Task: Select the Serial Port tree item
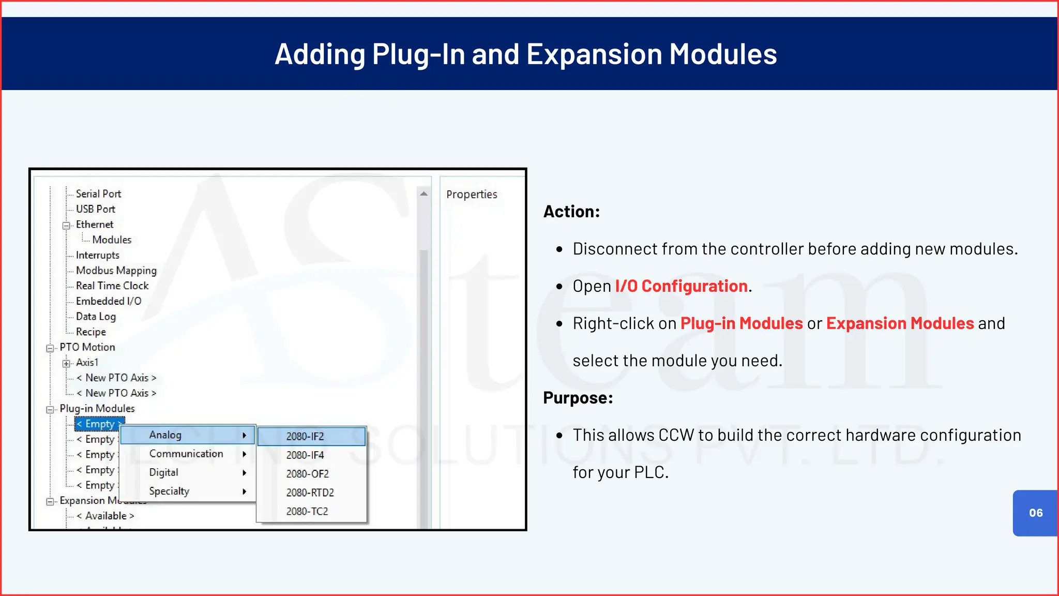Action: coord(98,193)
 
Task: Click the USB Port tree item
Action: coord(95,209)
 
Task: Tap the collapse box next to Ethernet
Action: coord(66,225)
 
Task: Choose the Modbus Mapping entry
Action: coord(116,271)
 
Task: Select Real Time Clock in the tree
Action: coord(112,286)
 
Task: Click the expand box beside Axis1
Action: coord(66,363)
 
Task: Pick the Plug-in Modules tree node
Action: coord(97,409)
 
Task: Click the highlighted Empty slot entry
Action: coord(99,424)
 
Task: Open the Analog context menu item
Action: coord(165,435)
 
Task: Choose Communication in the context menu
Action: coord(186,454)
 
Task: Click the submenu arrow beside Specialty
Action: coord(244,491)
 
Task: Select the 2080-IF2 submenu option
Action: coord(305,437)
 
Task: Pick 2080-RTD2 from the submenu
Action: coord(310,493)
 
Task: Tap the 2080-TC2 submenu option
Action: coord(307,512)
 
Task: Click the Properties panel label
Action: coord(471,195)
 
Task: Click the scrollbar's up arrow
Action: coord(424,193)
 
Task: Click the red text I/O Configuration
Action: coord(680,286)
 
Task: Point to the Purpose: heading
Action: coord(578,398)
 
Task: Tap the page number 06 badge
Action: coord(1035,513)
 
